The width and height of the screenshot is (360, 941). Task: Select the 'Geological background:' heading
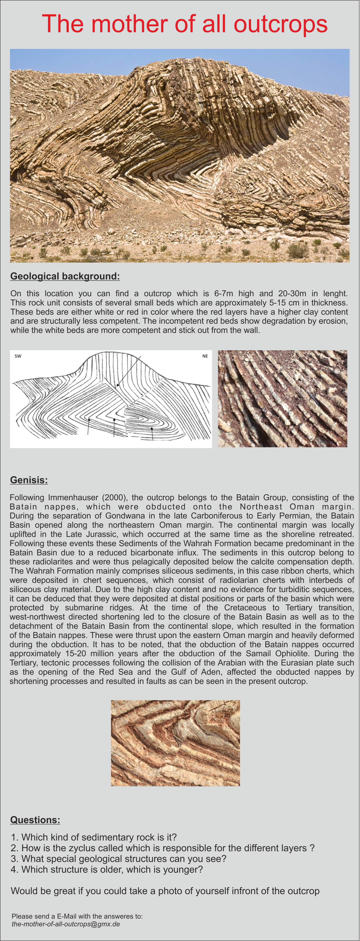(x=65, y=276)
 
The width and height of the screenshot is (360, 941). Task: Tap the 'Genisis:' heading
(x=29, y=480)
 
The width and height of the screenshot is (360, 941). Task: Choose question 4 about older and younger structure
(x=107, y=869)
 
